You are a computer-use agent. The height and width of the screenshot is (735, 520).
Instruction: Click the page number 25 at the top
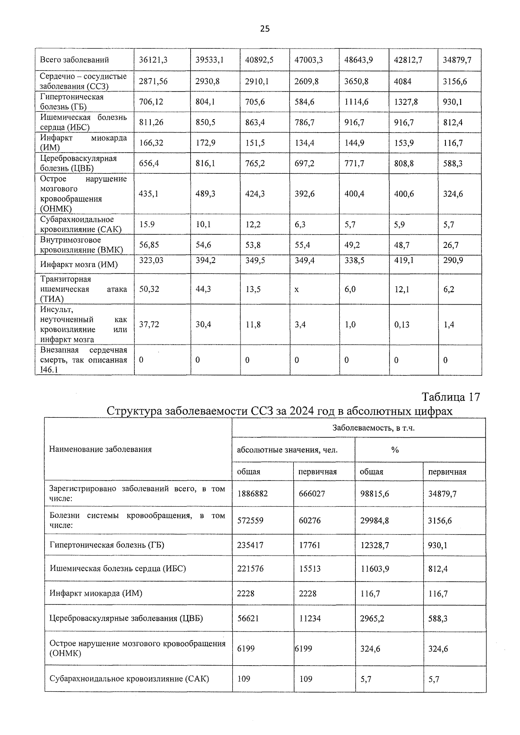[265, 29]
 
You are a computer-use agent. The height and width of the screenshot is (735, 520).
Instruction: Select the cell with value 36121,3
[153, 60]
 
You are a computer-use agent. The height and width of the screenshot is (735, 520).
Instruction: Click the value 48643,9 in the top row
[358, 60]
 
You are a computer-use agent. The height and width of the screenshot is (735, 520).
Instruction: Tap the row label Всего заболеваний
[74, 60]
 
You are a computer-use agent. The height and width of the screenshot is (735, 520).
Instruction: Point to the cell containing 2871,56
[153, 81]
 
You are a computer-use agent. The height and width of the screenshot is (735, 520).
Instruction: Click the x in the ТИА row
[296, 289]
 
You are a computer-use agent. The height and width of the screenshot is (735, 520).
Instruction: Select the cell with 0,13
[402, 324]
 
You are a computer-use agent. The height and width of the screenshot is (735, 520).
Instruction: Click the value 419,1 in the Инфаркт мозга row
[403, 260]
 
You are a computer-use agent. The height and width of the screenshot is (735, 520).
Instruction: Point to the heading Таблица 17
[451, 397]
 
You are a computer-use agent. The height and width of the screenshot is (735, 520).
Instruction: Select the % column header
[395, 450]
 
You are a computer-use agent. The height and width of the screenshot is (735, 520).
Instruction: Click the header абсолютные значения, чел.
[287, 450]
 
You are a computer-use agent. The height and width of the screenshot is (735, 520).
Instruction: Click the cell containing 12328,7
[374, 545]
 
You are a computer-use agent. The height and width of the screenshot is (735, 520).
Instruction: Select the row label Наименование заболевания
[101, 449]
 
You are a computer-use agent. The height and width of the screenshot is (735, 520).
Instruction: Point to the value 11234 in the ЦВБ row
[310, 618]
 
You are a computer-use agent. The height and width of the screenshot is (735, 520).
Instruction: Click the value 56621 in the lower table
[248, 618]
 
